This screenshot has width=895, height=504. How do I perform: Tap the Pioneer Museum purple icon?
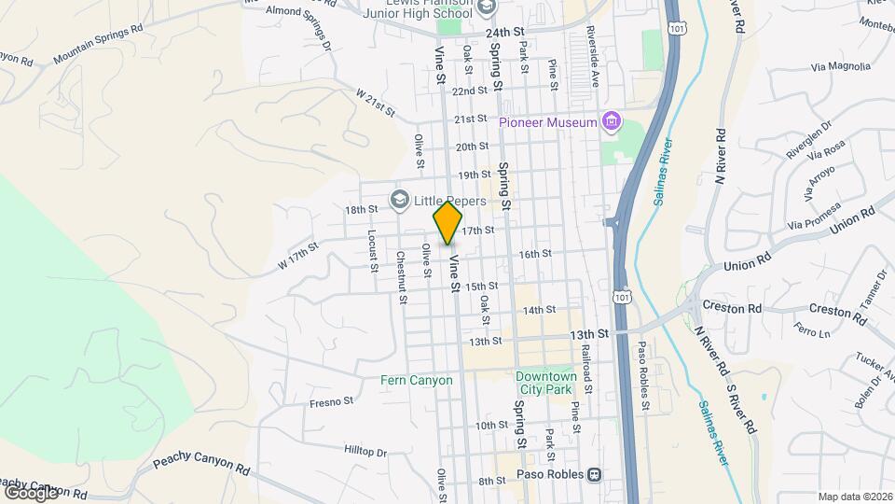(x=611, y=121)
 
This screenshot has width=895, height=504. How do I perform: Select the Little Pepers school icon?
(x=400, y=200)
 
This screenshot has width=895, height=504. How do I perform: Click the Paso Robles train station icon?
(x=593, y=475)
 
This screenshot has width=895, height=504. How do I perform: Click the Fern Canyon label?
(x=417, y=380)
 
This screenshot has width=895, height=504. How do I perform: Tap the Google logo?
(x=31, y=491)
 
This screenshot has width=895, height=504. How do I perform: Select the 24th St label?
(x=503, y=31)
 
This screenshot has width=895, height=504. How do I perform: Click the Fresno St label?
(x=333, y=402)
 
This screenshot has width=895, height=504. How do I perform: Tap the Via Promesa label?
(x=813, y=219)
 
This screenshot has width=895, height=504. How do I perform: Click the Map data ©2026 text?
(x=854, y=496)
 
